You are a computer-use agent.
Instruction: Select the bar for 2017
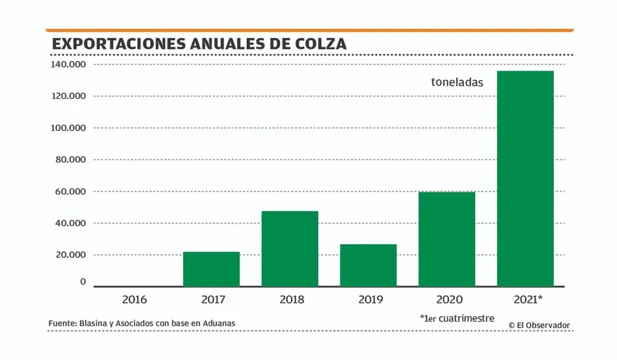[211, 269]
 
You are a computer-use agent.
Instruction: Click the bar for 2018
[290, 248]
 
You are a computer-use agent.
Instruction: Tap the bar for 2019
[368, 265]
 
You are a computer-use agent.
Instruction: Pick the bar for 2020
[446, 239]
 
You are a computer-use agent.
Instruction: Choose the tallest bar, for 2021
[525, 178]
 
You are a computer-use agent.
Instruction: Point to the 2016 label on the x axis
[134, 299]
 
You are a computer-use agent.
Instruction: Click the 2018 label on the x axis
[292, 299]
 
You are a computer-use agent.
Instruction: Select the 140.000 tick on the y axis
[68, 65]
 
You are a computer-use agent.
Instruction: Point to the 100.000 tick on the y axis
[68, 128]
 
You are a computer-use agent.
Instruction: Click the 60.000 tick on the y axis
[70, 191]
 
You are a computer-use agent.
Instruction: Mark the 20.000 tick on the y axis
[70, 254]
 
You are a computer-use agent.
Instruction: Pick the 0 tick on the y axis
[83, 282]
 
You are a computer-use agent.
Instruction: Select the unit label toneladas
[457, 83]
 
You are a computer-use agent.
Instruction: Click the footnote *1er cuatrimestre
[457, 318]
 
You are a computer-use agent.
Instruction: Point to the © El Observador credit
[539, 325]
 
